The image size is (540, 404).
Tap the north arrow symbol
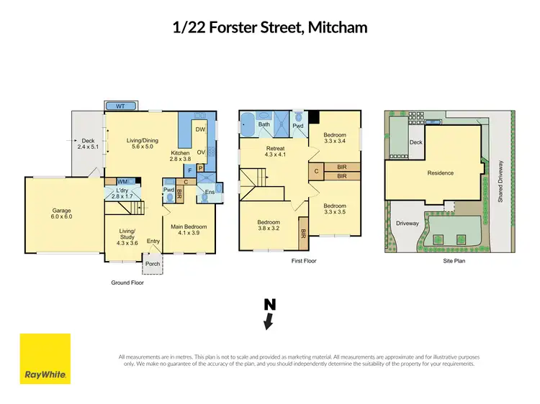tap(269, 315)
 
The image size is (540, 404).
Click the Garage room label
tap(62, 211)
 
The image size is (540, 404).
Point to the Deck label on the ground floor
tap(87, 141)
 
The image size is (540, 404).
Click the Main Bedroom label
tap(188, 226)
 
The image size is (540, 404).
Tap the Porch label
tap(153, 264)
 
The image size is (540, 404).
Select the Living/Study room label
tap(127, 233)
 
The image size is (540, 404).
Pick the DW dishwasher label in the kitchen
tap(201, 129)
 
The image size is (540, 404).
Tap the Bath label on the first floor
tap(264, 124)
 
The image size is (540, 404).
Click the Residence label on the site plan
tap(441, 173)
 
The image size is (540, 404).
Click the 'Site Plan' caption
tap(454, 261)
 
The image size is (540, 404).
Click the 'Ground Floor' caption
tap(127, 283)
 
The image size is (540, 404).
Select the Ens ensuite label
tap(210, 192)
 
